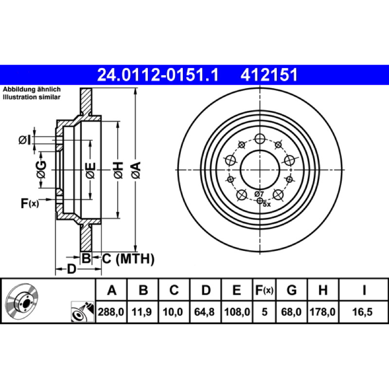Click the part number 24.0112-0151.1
click(x=158, y=75)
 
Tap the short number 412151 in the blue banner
click(x=269, y=75)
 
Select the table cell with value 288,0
click(x=111, y=312)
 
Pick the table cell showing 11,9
click(x=141, y=312)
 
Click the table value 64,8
click(x=204, y=312)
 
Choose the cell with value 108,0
click(x=237, y=312)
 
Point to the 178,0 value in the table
click(x=322, y=312)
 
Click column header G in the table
click(x=291, y=290)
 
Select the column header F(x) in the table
click(x=264, y=290)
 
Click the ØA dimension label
click(x=136, y=170)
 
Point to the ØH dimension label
click(x=118, y=170)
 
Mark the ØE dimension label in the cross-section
click(x=90, y=171)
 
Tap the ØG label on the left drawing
click(x=41, y=170)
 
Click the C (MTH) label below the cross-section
click(x=128, y=259)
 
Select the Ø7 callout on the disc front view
click(x=259, y=194)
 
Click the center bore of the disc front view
click(x=260, y=170)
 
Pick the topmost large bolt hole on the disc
click(x=260, y=139)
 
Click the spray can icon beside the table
click(x=83, y=312)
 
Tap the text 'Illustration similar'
click(x=32, y=97)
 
